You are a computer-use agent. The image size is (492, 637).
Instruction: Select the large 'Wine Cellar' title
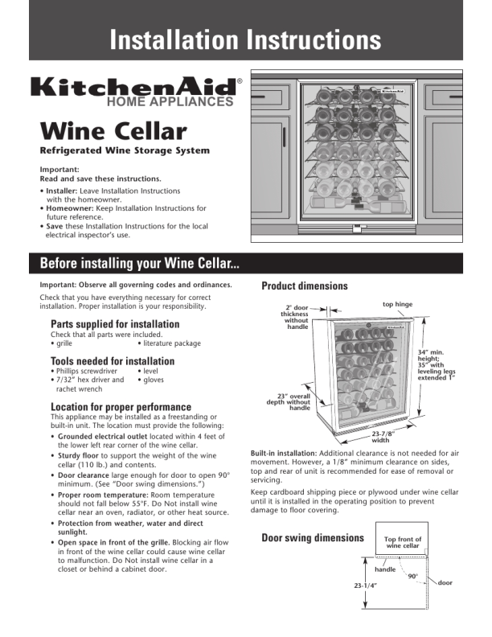click(x=113, y=131)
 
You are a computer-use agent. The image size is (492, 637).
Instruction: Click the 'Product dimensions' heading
click(x=305, y=286)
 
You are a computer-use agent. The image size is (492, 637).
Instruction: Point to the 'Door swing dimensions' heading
click(x=313, y=537)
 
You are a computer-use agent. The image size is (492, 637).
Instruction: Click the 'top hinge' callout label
click(x=397, y=304)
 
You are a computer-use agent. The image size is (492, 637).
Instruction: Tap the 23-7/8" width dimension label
click(x=380, y=437)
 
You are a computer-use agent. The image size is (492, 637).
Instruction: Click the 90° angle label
click(x=412, y=576)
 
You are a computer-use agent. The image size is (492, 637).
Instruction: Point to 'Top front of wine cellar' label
click(x=403, y=543)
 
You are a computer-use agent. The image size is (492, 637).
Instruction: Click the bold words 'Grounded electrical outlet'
click(x=104, y=437)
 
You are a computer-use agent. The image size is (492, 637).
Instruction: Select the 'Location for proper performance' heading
click(x=121, y=407)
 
